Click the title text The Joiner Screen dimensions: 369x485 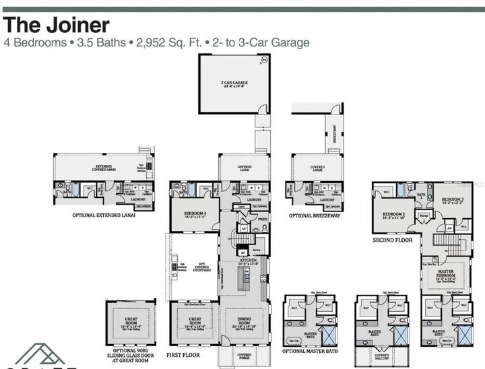(57, 25)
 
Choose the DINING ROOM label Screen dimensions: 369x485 (244, 323)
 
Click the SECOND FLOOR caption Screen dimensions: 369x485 (393, 239)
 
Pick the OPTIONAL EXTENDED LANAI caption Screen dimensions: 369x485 (107, 216)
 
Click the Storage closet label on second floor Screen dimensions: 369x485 (423, 216)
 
